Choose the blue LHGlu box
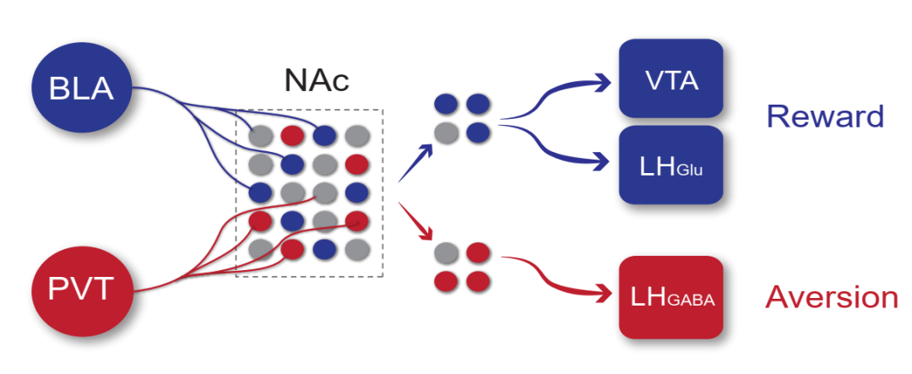670,165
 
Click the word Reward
824,117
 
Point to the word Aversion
831,297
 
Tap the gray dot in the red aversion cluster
445,252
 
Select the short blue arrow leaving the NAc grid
415,163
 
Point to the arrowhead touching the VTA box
601,82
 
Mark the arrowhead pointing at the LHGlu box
601,161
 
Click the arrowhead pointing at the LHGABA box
601,294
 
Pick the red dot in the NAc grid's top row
291,133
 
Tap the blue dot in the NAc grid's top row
323,133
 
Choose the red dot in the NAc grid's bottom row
291,250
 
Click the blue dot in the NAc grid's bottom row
323,250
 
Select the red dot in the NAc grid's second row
356,162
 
